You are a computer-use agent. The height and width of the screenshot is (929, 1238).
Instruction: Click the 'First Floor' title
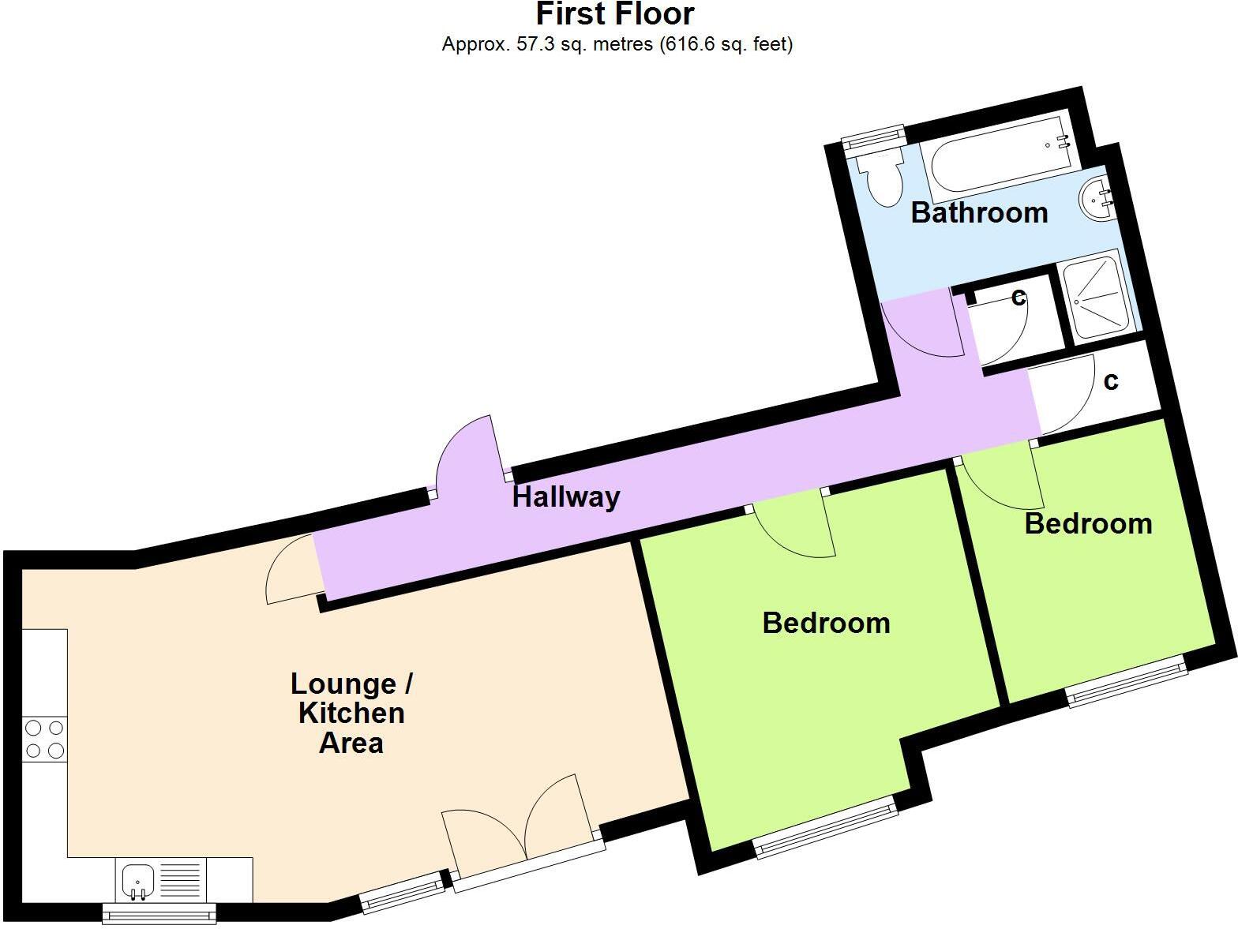pyautogui.click(x=615, y=14)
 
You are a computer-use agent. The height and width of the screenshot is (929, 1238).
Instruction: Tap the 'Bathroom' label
pyautogui.click(x=979, y=212)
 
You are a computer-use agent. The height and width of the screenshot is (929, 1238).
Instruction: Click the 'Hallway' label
pyautogui.click(x=566, y=497)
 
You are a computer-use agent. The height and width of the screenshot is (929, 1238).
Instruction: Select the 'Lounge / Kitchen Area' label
pyautogui.click(x=351, y=713)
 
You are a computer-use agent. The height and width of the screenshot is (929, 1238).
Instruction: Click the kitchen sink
pyautogui.click(x=138, y=878)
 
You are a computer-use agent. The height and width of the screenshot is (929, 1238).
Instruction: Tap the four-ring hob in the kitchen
pyautogui.click(x=44, y=740)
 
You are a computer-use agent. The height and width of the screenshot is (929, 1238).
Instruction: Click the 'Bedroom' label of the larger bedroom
pyautogui.click(x=826, y=624)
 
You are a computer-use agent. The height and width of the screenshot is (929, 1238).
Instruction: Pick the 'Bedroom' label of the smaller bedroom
pyautogui.click(x=1088, y=524)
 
